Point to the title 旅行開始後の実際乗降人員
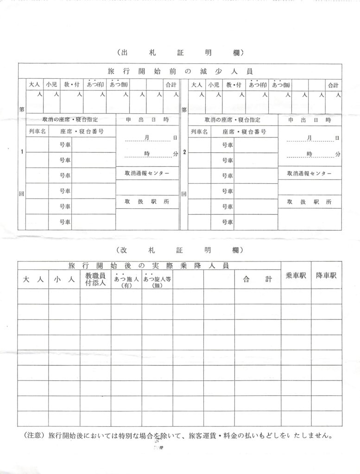[x=149, y=266]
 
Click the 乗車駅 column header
[x=296, y=275]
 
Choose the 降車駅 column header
[x=327, y=275]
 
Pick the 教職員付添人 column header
[x=95, y=279]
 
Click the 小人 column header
[x=64, y=279]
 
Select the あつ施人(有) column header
[x=126, y=281]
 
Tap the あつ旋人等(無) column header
[x=158, y=281]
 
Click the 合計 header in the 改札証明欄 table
[x=257, y=279]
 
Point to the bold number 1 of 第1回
[x=22, y=153]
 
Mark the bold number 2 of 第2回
[x=184, y=153]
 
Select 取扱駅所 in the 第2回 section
[x=309, y=202]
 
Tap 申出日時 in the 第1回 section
[x=147, y=119]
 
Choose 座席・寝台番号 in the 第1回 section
[x=82, y=132]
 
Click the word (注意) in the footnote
[x=33, y=436]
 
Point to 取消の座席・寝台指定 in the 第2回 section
[x=233, y=119]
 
